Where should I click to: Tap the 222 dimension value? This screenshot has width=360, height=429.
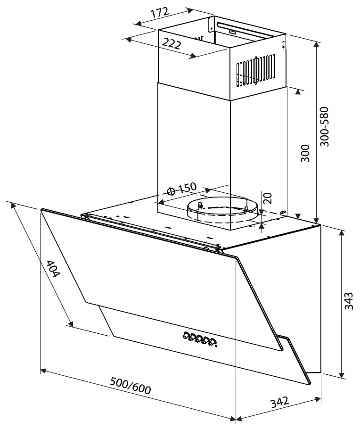pos(171,43)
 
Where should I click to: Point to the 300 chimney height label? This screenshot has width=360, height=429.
pos(305,153)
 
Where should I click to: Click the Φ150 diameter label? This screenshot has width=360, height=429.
pos(182,189)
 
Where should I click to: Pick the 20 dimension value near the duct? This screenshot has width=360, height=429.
pos(268,198)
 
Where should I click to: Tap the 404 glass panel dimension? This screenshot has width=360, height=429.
pos(52,269)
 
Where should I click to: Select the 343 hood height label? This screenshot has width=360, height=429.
pos(349,301)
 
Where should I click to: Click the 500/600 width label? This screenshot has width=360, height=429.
pos(130,386)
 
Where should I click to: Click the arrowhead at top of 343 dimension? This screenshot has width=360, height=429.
pos(342,233)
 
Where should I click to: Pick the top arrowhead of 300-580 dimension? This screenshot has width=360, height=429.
pos(317,45)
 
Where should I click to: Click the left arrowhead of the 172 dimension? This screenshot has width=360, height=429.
pos(139,24)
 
